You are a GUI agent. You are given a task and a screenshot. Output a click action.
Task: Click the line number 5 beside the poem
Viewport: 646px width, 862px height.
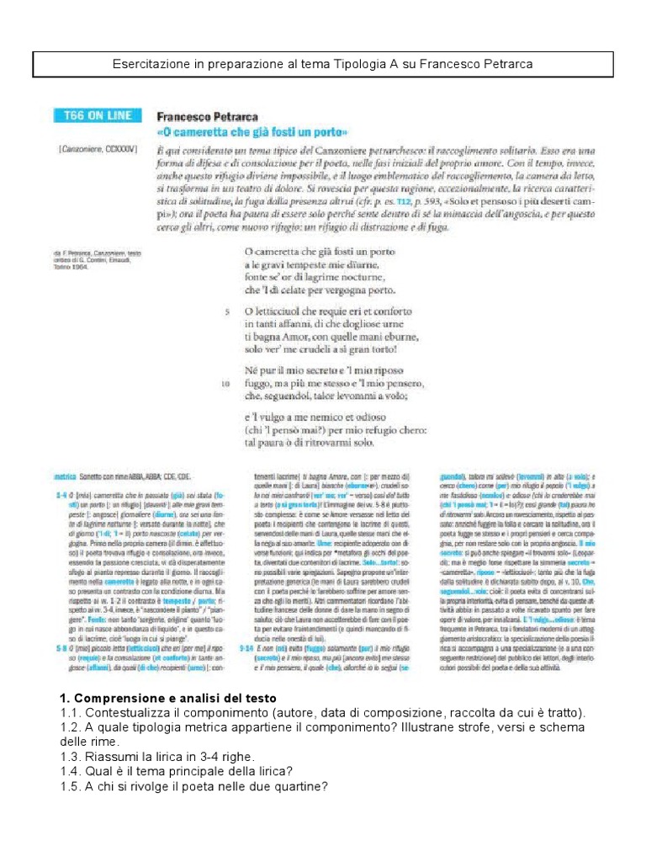pyautogui.click(x=227, y=311)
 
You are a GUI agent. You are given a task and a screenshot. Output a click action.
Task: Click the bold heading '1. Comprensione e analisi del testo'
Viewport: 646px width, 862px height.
pyautogui.click(x=167, y=700)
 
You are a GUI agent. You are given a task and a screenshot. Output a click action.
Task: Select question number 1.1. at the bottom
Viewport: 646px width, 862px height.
pyautogui.click(x=71, y=714)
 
